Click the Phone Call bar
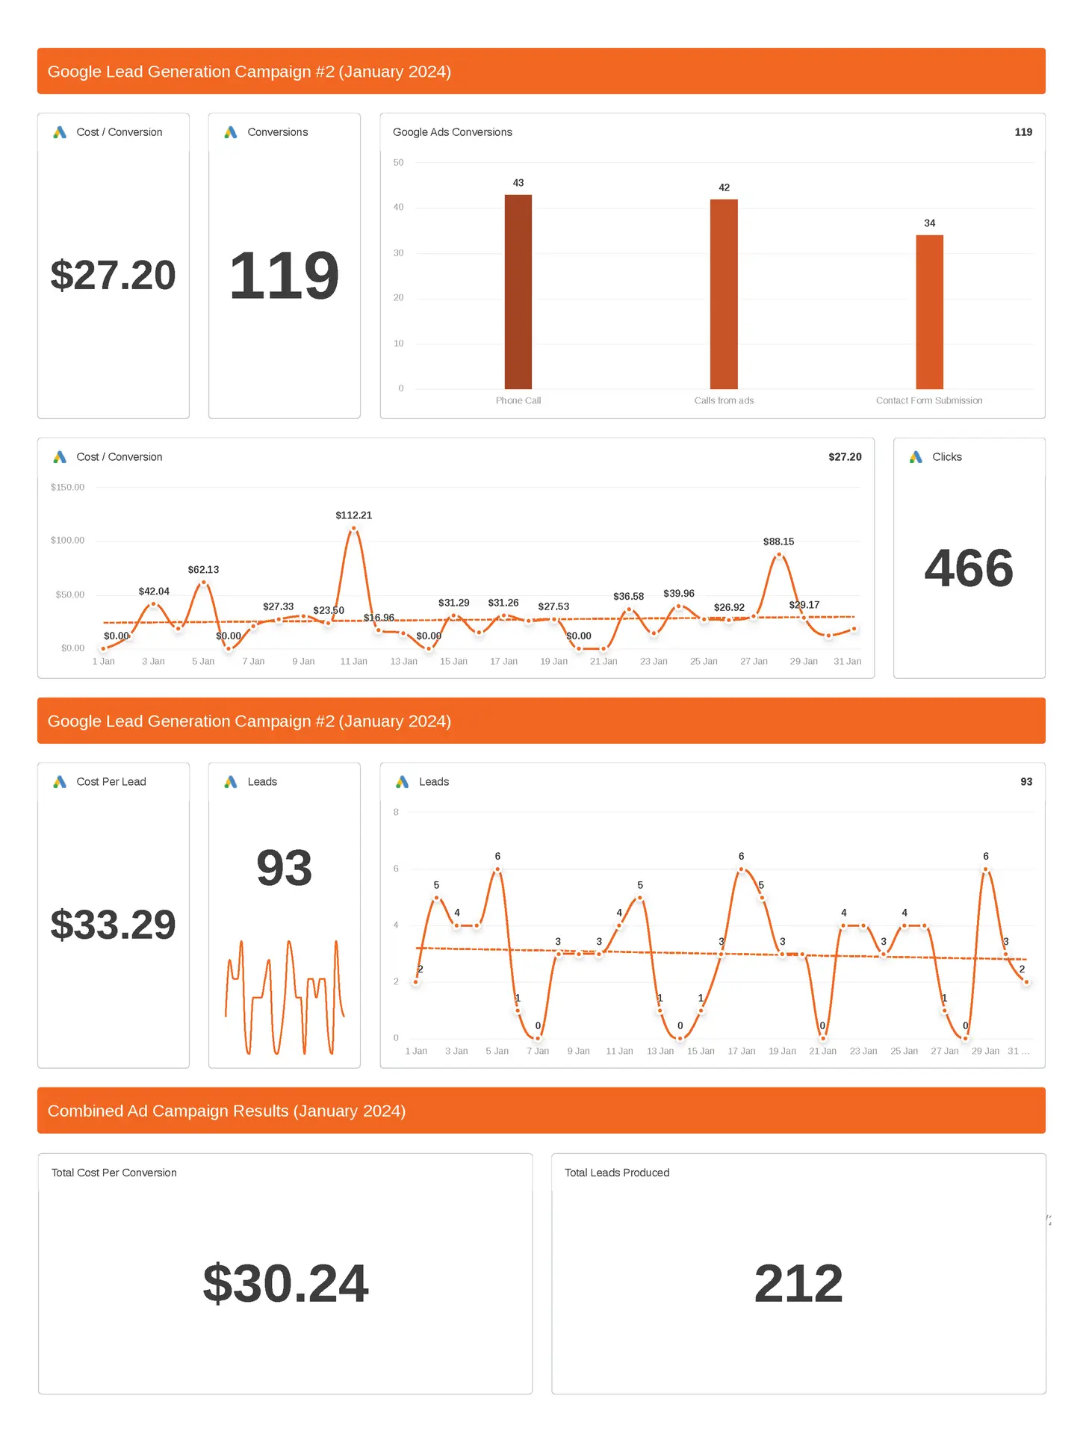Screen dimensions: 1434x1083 click(518, 291)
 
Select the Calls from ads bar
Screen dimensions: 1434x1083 click(724, 294)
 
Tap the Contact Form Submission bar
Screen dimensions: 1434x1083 click(929, 311)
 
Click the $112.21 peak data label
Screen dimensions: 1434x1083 click(353, 515)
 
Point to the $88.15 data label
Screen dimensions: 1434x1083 click(778, 541)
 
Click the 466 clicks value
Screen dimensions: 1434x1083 click(969, 568)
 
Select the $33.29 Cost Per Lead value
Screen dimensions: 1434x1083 click(113, 925)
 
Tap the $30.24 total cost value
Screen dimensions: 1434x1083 click(285, 1284)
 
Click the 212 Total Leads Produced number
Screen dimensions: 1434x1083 click(798, 1284)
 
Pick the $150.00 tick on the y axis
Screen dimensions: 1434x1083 click(67, 487)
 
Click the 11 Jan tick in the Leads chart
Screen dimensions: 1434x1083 click(619, 1051)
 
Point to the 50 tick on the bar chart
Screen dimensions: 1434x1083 click(398, 162)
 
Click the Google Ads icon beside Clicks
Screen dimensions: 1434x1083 click(916, 457)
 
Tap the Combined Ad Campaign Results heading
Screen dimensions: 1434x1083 click(226, 1111)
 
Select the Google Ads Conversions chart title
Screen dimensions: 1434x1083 click(452, 132)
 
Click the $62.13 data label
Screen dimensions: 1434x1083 click(203, 569)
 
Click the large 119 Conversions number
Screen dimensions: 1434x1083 click(284, 276)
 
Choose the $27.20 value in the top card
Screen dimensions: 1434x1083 click(113, 275)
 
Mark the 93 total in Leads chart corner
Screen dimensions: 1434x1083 click(1026, 782)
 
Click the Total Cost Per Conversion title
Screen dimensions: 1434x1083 click(114, 1173)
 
